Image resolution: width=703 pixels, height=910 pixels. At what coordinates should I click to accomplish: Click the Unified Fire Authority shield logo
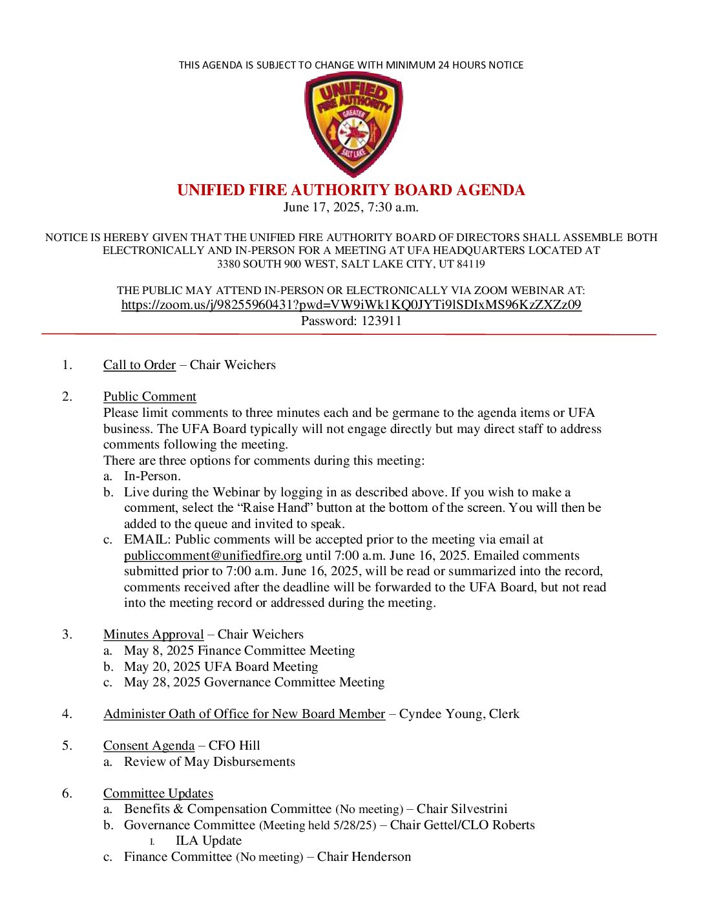(353, 124)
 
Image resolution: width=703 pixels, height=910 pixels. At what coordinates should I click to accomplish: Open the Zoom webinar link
(351, 305)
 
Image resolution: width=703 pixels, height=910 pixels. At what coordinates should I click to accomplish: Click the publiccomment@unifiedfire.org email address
(213, 556)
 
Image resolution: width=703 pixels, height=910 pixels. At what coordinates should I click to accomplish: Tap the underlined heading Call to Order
(139, 365)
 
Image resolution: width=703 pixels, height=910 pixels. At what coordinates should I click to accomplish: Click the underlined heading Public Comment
(149, 397)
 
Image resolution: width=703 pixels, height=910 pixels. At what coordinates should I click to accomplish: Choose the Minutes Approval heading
(153, 635)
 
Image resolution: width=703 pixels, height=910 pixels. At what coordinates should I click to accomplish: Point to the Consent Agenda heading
(149, 746)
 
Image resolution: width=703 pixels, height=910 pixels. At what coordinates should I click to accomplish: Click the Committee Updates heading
(158, 794)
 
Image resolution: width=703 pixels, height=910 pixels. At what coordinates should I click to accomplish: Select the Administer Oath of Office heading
(244, 714)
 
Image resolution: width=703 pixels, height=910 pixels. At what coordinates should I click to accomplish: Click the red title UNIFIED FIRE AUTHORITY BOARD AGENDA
(351, 190)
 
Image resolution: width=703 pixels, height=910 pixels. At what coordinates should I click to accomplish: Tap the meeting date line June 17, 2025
(351, 207)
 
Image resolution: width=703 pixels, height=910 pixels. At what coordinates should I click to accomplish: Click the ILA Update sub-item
(208, 841)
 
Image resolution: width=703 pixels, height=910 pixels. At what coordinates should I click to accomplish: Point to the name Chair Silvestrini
(462, 809)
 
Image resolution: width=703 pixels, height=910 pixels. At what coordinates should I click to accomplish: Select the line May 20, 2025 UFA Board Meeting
(221, 667)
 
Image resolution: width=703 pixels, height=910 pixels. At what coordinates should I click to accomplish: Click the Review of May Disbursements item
(209, 762)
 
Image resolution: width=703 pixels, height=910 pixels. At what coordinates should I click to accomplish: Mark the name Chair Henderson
(364, 857)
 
